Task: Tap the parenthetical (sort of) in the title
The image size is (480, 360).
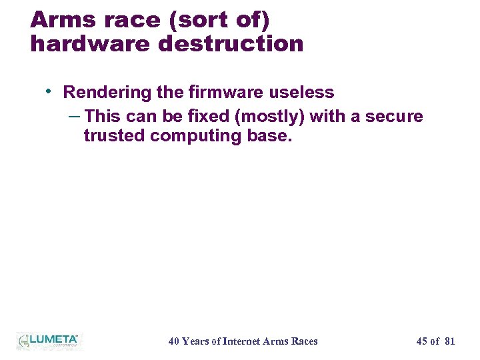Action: (221, 20)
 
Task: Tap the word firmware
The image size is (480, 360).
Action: (221, 92)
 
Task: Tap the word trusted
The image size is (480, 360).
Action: (114, 136)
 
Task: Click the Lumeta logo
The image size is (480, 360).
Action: (48, 341)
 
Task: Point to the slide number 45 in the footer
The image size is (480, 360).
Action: (421, 341)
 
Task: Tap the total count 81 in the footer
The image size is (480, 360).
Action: (449, 341)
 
